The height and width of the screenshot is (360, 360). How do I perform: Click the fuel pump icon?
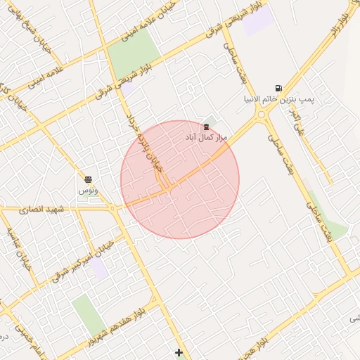pyautogui.click(x=279, y=89)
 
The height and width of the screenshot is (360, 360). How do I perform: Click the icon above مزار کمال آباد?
pyautogui.click(x=205, y=127)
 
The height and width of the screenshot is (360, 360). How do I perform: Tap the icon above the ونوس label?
pyautogui.click(x=88, y=180)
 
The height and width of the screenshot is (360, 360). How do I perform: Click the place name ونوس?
pyautogui.click(x=88, y=191)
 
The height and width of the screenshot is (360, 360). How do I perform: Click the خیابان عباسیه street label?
pyautogui.click(x=21, y=245)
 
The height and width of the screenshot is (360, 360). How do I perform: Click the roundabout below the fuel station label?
pyautogui.click(x=261, y=114)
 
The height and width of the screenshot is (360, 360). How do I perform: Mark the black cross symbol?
pyautogui.click(x=179, y=352)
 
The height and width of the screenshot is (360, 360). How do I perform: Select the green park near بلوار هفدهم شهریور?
pyautogui.click(x=88, y=314)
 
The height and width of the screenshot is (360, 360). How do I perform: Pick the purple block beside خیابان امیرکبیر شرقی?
pyautogui.click(x=101, y=268)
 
